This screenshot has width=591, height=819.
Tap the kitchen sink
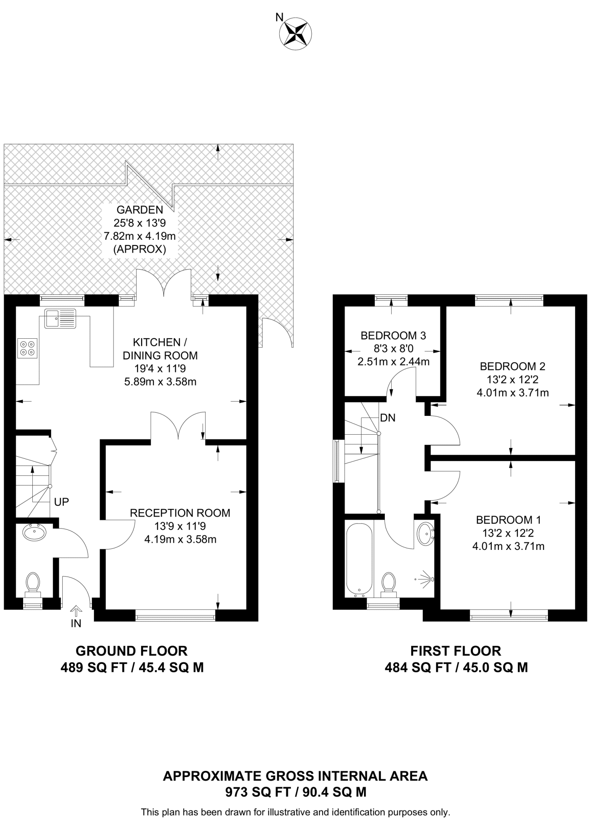[60, 319]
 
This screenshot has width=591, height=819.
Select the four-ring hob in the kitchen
[28, 348]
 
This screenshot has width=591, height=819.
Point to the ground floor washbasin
[34, 532]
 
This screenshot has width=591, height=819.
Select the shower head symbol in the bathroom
[425, 579]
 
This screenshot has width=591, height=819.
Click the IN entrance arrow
[76, 611]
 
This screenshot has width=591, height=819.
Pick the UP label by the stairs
[62, 502]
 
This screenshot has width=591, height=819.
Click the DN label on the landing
[388, 418]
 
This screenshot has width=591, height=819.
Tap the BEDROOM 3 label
[393, 336]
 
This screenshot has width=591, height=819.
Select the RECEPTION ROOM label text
[180, 513]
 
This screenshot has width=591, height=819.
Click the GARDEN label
[140, 210]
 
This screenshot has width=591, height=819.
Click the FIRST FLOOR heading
[456, 651]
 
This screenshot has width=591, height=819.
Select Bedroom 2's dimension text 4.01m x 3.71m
[513, 393]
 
